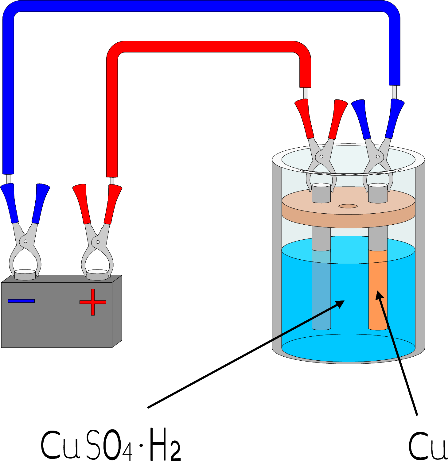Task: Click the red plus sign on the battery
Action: pos(93,302)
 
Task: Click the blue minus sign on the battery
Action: pos(21,301)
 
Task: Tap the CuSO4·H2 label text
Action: pos(111,445)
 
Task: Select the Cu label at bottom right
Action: pos(427,445)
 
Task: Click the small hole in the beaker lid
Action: pos(348,206)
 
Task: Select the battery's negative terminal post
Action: pos(25,275)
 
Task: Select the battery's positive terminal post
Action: pos(97,275)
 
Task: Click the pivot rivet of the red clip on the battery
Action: pos(98,242)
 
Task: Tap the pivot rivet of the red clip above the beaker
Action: pos(321,157)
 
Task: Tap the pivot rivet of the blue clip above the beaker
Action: pos(378,157)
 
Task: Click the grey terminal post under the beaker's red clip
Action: pos(321,193)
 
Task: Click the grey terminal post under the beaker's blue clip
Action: pos(378,193)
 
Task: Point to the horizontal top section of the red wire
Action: pos(209,47)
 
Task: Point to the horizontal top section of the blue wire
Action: pos(200,6)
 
